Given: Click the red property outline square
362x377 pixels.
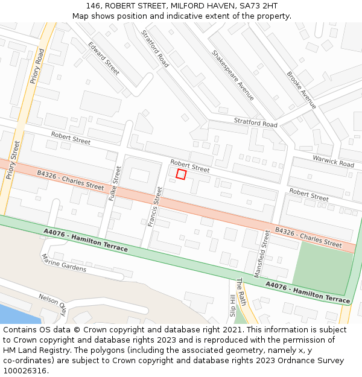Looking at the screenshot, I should point(181,174).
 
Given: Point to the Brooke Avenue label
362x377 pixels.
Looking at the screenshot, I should point(301,90).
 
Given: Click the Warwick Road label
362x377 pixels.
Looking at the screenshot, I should point(333,161).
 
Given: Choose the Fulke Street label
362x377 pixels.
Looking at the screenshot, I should point(115,184).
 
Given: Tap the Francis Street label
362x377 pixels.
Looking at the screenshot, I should point(155,206).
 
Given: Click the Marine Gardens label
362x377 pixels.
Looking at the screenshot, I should point(63,262).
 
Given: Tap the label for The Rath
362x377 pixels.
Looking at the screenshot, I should point(241,292).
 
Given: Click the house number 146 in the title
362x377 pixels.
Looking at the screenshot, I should point(94,5).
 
